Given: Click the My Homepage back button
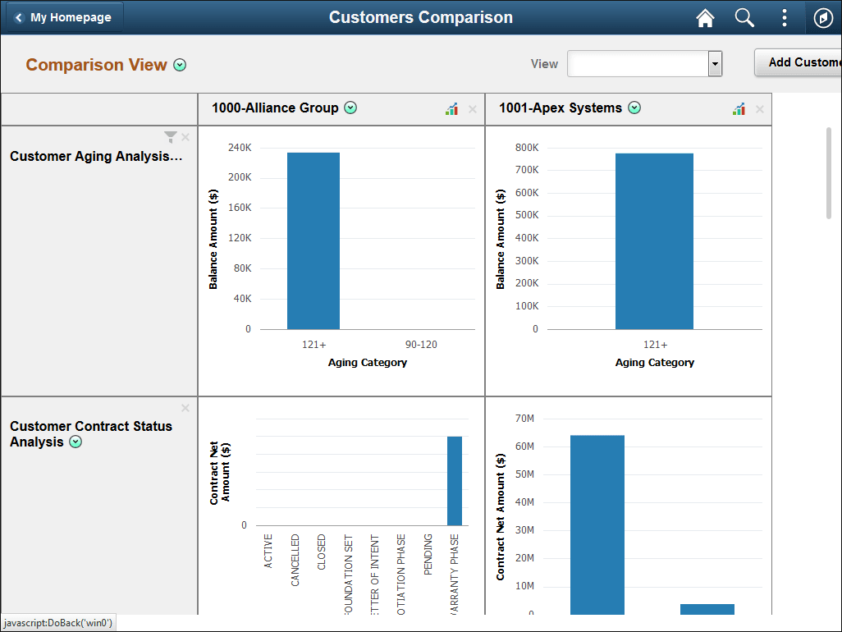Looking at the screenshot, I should pyautogui.click(x=63, y=17).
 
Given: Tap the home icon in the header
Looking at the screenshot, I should pyautogui.click(x=705, y=18).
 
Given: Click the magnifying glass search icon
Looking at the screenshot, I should pyautogui.click(x=744, y=18).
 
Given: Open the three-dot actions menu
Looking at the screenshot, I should pyautogui.click(x=785, y=18).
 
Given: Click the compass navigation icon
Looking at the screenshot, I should pyautogui.click(x=823, y=18).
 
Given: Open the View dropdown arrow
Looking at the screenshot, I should pyautogui.click(x=715, y=64).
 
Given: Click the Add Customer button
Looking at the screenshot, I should pyautogui.click(x=801, y=62).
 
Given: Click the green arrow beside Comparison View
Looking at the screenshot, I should pyautogui.click(x=180, y=65).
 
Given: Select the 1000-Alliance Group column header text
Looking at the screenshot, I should pyautogui.click(x=275, y=108).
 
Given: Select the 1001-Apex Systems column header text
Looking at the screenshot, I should pyautogui.click(x=561, y=108).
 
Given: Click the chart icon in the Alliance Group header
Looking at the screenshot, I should pyautogui.click(x=451, y=109).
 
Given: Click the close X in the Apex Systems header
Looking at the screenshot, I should pyautogui.click(x=759, y=109).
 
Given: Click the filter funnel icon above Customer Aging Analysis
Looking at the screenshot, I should pyautogui.click(x=170, y=137).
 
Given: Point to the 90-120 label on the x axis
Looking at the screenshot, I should pyautogui.click(x=421, y=345).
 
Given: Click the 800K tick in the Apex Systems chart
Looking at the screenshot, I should pyautogui.click(x=526, y=148).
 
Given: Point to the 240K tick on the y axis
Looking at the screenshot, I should pyautogui.click(x=239, y=148).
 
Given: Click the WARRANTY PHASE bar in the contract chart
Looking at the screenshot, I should pyautogui.click(x=455, y=480).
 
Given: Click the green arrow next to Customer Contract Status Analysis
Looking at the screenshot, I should pyautogui.click(x=76, y=442).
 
